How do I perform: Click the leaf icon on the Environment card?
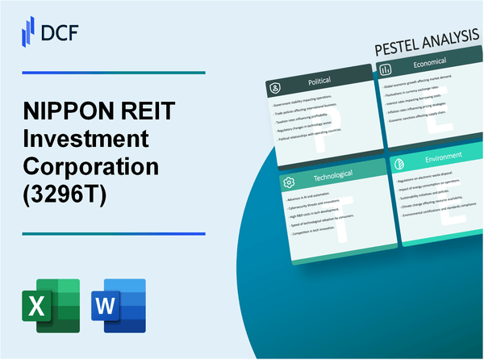point(398,162)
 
